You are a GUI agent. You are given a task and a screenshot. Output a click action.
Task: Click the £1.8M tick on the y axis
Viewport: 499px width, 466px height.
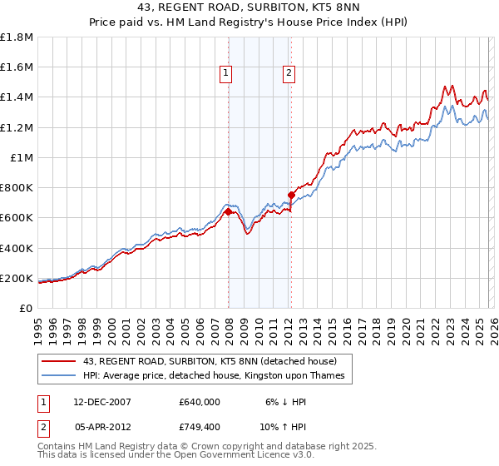coord(17,37)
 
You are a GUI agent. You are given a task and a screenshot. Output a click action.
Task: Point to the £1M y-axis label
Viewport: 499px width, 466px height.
coord(21,157)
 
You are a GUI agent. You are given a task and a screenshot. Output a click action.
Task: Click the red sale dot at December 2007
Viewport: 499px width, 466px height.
coord(228,212)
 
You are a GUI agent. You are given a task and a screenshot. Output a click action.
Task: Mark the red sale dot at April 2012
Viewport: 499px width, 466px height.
coord(291,196)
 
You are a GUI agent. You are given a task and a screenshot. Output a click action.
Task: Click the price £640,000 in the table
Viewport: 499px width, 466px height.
coord(200,401)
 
